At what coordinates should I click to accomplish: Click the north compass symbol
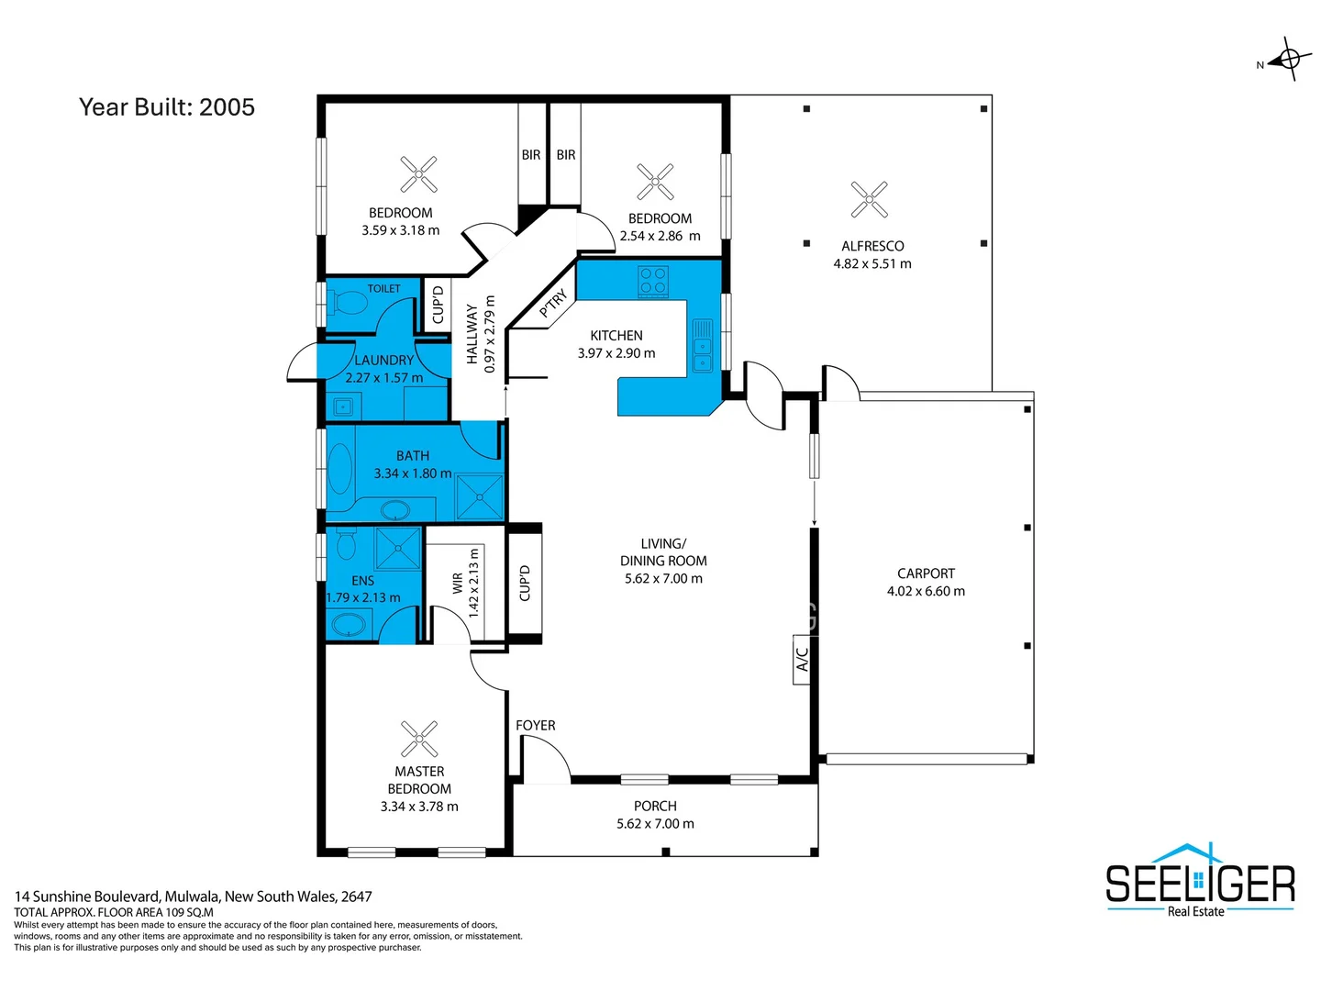click(1288, 60)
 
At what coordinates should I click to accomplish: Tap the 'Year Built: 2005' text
click(167, 107)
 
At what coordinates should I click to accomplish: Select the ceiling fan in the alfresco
click(869, 199)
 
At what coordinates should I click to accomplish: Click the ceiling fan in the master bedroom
click(419, 739)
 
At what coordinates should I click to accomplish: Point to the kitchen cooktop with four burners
click(653, 281)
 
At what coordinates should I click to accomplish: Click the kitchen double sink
click(702, 346)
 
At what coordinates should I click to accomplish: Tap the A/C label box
click(802, 659)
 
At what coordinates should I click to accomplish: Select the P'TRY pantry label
click(553, 304)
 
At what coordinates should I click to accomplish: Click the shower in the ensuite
click(398, 548)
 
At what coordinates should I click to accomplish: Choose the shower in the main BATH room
click(480, 496)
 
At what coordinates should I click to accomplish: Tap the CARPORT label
click(926, 573)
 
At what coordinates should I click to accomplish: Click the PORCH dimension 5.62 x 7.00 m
click(655, 824)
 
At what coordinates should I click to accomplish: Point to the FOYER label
click(535, 726)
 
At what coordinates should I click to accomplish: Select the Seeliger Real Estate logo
click(1200, 881)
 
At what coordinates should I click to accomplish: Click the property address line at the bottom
click(193, 896)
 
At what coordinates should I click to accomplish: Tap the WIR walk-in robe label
click(458, 584)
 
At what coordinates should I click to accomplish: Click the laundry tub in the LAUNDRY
click(343, 406)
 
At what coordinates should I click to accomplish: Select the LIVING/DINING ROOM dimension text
click(663, 579)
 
